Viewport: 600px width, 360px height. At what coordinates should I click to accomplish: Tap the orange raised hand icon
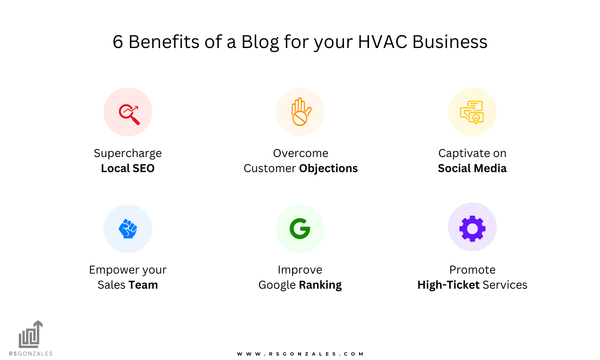[x=300, y=112]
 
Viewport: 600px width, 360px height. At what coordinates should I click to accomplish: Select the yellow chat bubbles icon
[x=472, y=112]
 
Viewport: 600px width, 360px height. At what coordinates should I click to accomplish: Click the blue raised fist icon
[x=128, y=229]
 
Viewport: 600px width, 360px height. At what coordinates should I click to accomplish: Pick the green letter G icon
[x=300, y=229]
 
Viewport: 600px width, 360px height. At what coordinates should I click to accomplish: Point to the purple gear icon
[x=472, y=228]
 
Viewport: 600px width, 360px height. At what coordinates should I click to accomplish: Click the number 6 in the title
[x=118, y=42]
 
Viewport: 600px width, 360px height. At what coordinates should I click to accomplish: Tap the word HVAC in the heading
[x=382, y=42]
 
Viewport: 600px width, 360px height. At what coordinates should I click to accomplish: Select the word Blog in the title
[x=260, y=43]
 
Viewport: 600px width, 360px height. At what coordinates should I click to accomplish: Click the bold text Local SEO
[x=128, y=168]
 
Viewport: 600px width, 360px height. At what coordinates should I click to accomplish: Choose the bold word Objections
[x=328, y=168]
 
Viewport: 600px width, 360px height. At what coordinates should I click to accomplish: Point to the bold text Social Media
[x=472, y=168]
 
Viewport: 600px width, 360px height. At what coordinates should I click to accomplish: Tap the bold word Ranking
[x=320, y=285]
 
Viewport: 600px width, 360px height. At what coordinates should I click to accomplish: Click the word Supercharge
[x=128, y=153]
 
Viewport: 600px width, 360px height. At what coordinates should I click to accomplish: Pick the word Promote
[x=472, y=270]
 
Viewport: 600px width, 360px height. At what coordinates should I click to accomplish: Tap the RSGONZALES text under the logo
[x=31, y=353]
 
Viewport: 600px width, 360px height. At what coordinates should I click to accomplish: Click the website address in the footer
[x=300, y=354]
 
